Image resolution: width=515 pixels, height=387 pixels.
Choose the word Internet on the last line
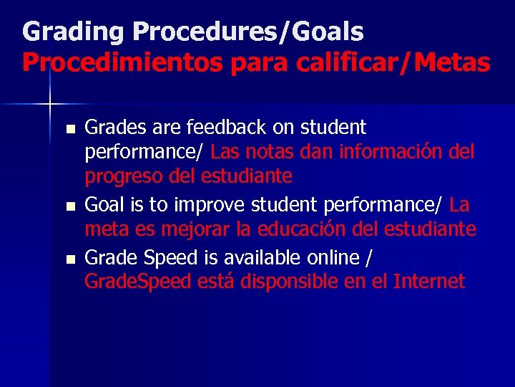tap(429, 282)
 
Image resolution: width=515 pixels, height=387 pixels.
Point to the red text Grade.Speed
tap(137, 282)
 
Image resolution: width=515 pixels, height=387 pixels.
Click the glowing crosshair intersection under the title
tap(50, 105)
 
